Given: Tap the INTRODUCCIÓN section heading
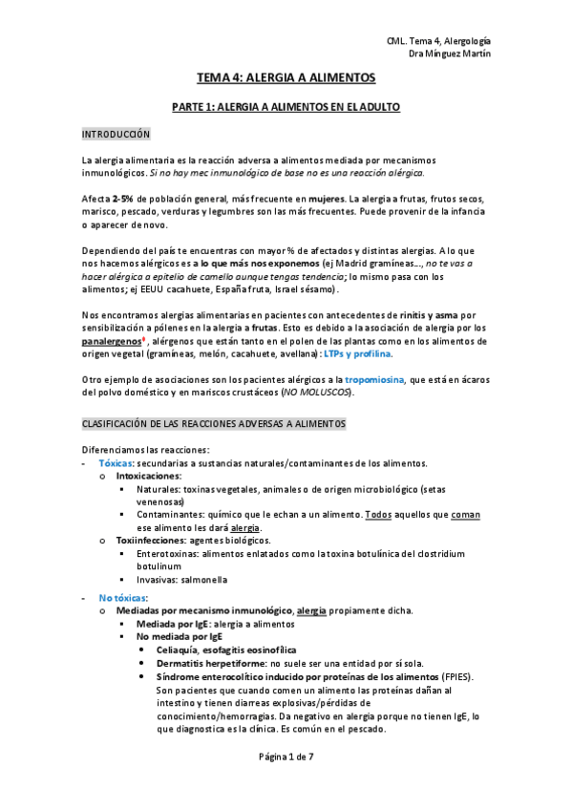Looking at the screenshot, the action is pyautogui.click(x=116, y=134).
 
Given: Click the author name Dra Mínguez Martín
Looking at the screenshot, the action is pyautogui.click(x=454, y=54).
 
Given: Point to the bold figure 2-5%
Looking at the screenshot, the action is pyautogui.click(x=122, y=198).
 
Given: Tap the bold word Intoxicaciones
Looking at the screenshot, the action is pyautogui.click(x=149, y=475).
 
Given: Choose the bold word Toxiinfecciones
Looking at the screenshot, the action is pyautogui.click(x=151, y=540).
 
